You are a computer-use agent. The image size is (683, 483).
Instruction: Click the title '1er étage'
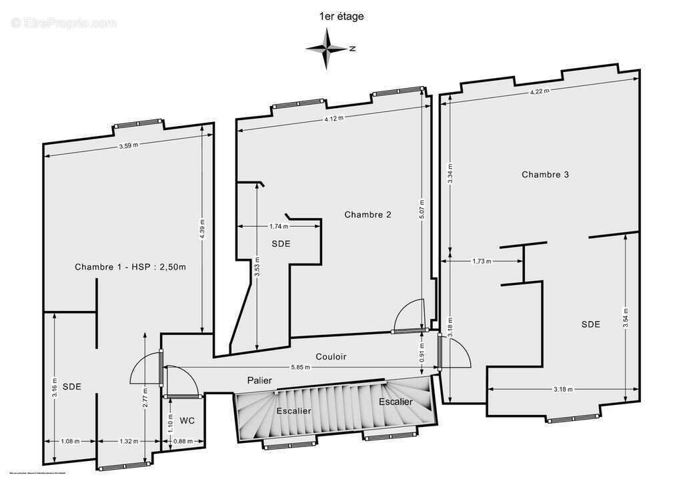tap(341, 17)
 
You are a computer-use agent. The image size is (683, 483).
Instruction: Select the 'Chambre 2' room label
tap(368, 215)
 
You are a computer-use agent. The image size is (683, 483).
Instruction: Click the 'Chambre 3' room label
tap(545, 175)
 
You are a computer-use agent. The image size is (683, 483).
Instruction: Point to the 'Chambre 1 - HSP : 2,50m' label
tap(130, 267)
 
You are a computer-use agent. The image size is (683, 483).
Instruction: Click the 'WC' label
tap(187, 421)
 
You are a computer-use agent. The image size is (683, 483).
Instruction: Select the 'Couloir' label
tap(331, 357)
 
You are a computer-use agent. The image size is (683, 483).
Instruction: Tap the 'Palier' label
tap(259, 380)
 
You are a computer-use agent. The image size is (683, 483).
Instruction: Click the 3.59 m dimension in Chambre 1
tap(129, 147)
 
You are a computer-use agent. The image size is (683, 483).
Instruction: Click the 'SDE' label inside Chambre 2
tap(281, 244)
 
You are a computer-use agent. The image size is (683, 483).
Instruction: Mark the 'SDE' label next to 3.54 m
tap(590, 324)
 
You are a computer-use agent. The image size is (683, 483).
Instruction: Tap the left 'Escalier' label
tap(293, 411)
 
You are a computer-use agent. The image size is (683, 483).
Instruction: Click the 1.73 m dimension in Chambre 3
tap(480, 262)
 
